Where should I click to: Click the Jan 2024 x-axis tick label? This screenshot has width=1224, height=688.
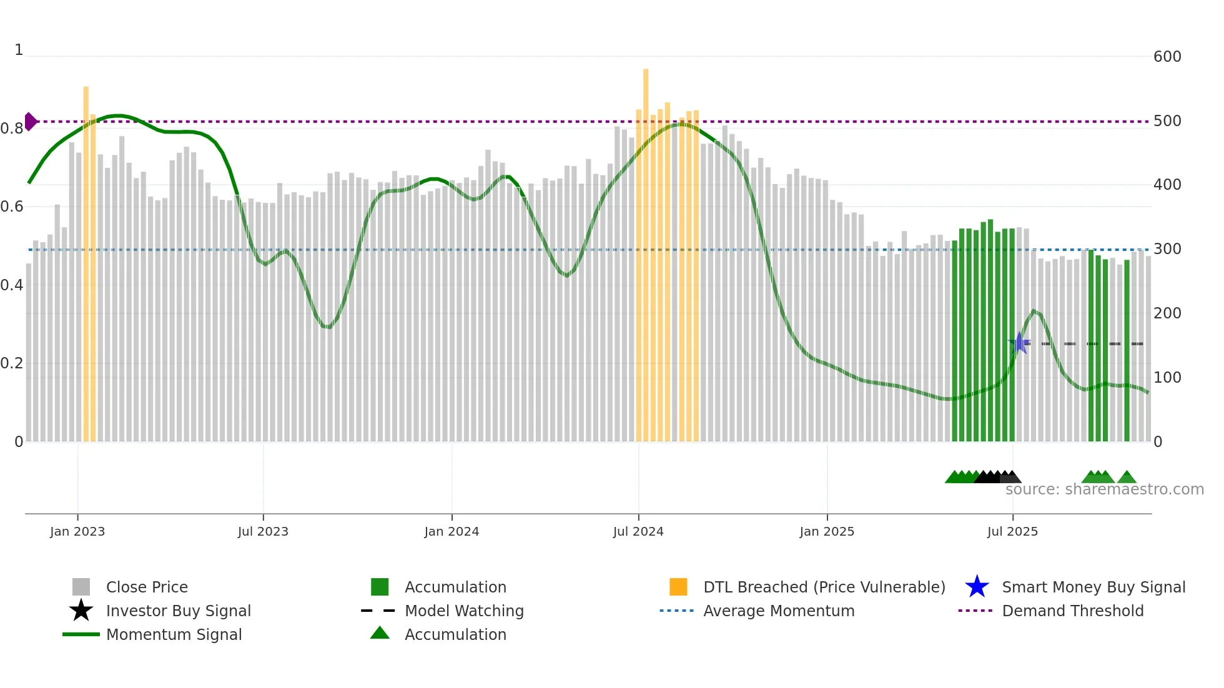click(x=452, y=531)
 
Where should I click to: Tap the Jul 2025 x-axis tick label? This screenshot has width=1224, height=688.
click(x=1012, y=531)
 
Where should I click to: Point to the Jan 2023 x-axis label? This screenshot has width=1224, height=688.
click(x=77, y=531)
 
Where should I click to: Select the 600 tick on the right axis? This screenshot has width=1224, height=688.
click(x=1167, y=57)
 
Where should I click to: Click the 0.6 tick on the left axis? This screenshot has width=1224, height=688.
click(x=12, y=207)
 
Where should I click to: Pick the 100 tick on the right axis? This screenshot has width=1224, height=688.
click(x=1167, y=378)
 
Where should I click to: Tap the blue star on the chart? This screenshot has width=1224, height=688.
click(x=1019, y=343)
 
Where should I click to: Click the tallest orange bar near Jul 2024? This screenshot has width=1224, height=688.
click(x=646, y=250)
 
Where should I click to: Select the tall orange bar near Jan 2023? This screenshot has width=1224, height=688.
click(x=86, y=262)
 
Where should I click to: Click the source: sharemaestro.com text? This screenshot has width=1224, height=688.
click(x=1104, y=489)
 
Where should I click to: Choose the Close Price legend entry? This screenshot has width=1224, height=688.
click(x=147, y=587)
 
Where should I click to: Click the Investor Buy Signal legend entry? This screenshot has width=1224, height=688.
click(x=178, y=611)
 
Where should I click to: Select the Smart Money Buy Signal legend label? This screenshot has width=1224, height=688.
click(x=1093, y=587)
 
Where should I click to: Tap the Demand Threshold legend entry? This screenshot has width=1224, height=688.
click(x=1072, y=611)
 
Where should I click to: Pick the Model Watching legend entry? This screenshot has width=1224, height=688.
click(x=463, y=611)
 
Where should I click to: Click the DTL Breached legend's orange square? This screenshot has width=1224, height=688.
click(x=678, y=587)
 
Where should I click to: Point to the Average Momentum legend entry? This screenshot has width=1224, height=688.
click(x=778, y=611)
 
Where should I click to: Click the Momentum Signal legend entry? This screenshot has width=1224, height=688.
click(x=174, y=634)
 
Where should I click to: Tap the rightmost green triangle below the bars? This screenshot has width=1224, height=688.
click(x=1127, y=478)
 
